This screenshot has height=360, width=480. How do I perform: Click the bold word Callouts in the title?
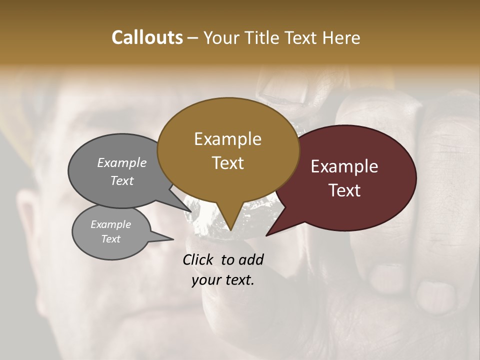point(147,37)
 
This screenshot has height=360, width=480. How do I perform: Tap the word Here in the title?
point(341,37)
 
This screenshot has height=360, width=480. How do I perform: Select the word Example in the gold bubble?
point(227,139)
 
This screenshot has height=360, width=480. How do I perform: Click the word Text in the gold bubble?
point(227,163)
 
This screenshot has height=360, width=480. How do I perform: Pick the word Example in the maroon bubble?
point(344,166)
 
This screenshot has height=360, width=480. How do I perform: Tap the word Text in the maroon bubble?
point(344,190)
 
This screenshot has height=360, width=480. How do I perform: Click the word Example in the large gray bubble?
point(121,162)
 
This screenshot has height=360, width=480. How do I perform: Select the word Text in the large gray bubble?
point(121,181)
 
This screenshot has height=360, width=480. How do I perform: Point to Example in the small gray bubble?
point(110,224)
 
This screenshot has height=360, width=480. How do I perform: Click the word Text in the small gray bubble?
point(110,239)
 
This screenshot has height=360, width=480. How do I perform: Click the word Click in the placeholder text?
point(200,259)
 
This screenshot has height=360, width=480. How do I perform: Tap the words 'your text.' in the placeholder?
point(222,280)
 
